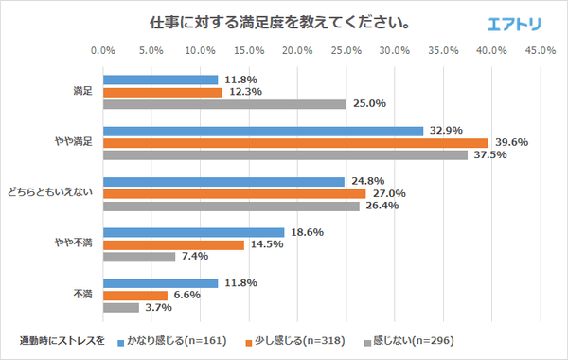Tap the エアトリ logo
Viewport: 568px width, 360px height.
[515, 23]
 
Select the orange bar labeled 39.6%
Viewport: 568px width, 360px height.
[294, 143]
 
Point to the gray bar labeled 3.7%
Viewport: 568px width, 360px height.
[120, 307]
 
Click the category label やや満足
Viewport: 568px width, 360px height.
[76, 143]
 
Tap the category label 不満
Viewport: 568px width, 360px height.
[82, 295]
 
